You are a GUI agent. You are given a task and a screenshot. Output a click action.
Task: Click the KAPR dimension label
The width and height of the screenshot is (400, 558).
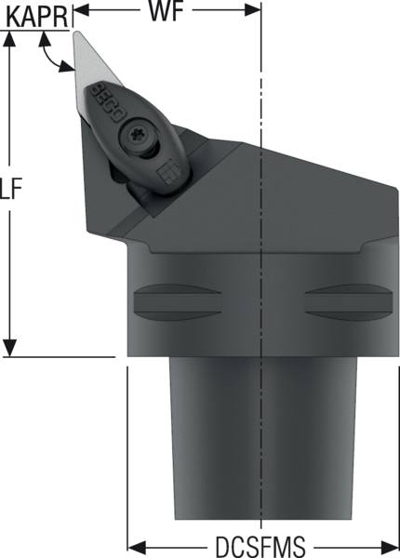click(x=37, y=18)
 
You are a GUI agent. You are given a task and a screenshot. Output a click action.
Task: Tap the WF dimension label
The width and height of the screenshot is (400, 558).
click(x=167, y=10)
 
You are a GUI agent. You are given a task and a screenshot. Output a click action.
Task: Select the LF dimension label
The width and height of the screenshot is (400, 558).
click(x=10, y=188)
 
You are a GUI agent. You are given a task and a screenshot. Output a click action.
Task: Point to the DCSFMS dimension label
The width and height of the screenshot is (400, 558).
click(x=260, y=546)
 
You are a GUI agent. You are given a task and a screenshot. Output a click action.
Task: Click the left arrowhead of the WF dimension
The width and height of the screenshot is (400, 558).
click(x=81, y=10)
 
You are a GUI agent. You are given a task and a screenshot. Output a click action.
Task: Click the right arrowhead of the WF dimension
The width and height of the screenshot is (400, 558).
click(x=253, y=10)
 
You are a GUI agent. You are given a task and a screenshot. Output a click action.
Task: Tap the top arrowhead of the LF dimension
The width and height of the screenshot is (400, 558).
click(x=9, y=39)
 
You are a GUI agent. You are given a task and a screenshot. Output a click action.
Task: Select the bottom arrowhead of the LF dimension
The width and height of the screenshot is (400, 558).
click(x=9, y=348)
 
